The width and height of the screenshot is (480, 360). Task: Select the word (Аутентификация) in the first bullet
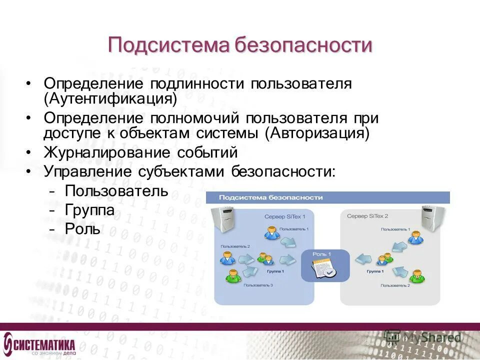110,98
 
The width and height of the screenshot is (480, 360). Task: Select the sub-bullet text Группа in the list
89,210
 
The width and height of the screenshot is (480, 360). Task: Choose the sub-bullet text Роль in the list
82,229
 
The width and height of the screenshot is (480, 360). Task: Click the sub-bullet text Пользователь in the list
116,191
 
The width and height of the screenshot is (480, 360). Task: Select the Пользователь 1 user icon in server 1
270,233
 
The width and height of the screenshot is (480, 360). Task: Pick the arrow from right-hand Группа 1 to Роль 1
363,258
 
